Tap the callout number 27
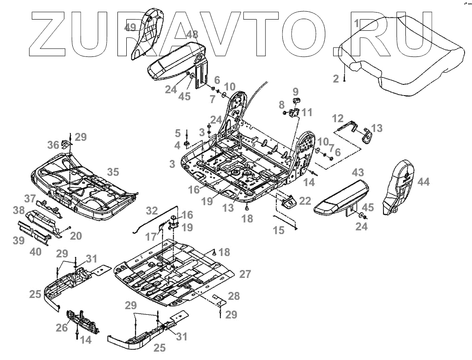click(x=246, y=274)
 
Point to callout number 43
click(x=358, y=172)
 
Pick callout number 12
click(x=337, y=118)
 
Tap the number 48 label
click(x=192, y=35)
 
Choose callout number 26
click(x=62, y=328)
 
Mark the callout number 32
click(x=152, y=210)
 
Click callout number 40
click(x=35, y=251)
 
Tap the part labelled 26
click(x=84, y=322)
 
